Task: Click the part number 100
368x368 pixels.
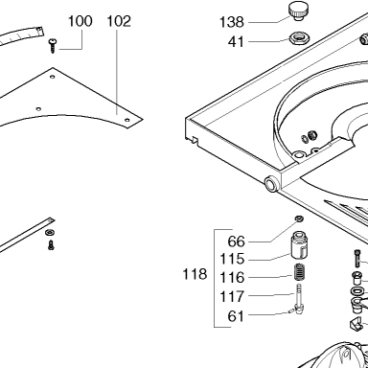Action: click(x=80, y=21)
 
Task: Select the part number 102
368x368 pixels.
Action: click(x=119, y=21)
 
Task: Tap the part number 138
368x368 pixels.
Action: click(x=232, y=22)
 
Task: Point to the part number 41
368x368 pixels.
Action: click(x=236, y=42)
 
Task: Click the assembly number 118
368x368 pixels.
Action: click(x=195, y=274)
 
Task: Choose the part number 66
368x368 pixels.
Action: click(x=237, y=241)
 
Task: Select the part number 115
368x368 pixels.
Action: click(x=232, y=259)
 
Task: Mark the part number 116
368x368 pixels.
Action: click(x=232, y=277)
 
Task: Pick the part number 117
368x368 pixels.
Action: click(x=232, y=297)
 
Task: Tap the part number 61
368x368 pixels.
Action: click(x=236, y=316)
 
